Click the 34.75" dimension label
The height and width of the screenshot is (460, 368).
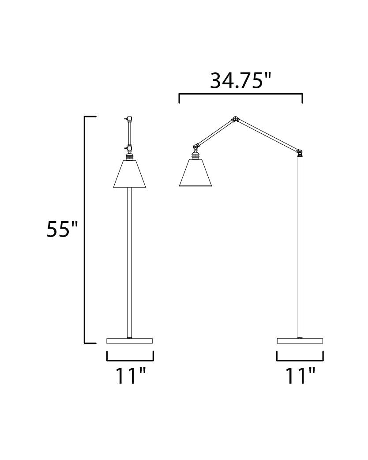coord(240,81)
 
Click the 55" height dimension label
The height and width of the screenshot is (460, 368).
coord(62,230)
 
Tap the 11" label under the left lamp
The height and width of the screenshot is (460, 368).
coord(130,376)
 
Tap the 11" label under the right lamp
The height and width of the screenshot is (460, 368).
coord(300,376)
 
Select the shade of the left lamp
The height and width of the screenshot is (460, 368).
coord(129,174)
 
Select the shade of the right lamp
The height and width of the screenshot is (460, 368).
coord(195,173)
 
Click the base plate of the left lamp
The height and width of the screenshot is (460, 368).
coord(129,341)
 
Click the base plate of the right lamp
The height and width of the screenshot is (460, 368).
coord(300,341)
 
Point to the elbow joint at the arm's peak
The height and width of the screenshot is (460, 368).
coord(236,119)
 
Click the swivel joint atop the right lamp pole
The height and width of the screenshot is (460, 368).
coord(300,152)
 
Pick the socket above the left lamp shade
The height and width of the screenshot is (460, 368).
coord(129,156)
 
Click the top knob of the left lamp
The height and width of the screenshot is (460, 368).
coord(128,118)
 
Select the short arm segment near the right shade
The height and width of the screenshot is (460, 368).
coord(215,132)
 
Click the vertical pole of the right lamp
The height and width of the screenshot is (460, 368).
coord(300,247)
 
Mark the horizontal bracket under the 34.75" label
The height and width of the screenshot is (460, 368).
coord(240,94)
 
